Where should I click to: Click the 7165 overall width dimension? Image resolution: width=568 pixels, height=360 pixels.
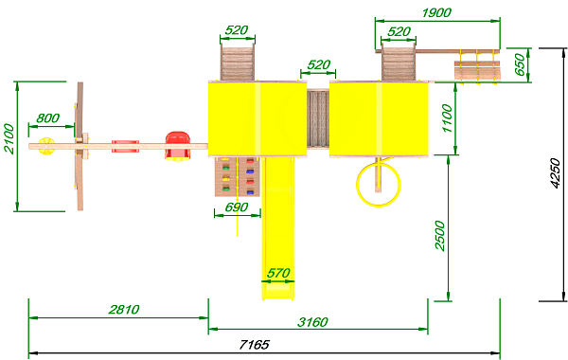tap(255, 344)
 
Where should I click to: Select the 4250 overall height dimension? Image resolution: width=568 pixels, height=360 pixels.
tap(555, 173)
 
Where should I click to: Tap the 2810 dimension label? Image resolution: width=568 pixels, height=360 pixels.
tap(124, 309)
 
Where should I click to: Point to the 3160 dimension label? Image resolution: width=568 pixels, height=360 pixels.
tap(312, 322)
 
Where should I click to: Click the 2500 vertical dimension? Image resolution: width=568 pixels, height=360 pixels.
tap(440, 235)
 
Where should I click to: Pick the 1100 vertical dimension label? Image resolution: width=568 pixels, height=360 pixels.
tap(448, 118)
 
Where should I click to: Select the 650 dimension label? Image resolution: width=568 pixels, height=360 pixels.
tap(520, 64)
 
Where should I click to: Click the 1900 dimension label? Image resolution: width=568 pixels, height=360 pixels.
tap(436, 12)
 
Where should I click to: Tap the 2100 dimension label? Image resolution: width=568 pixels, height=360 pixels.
tap(9, 139)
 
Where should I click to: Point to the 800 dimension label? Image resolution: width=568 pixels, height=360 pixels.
tap(48, 118)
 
